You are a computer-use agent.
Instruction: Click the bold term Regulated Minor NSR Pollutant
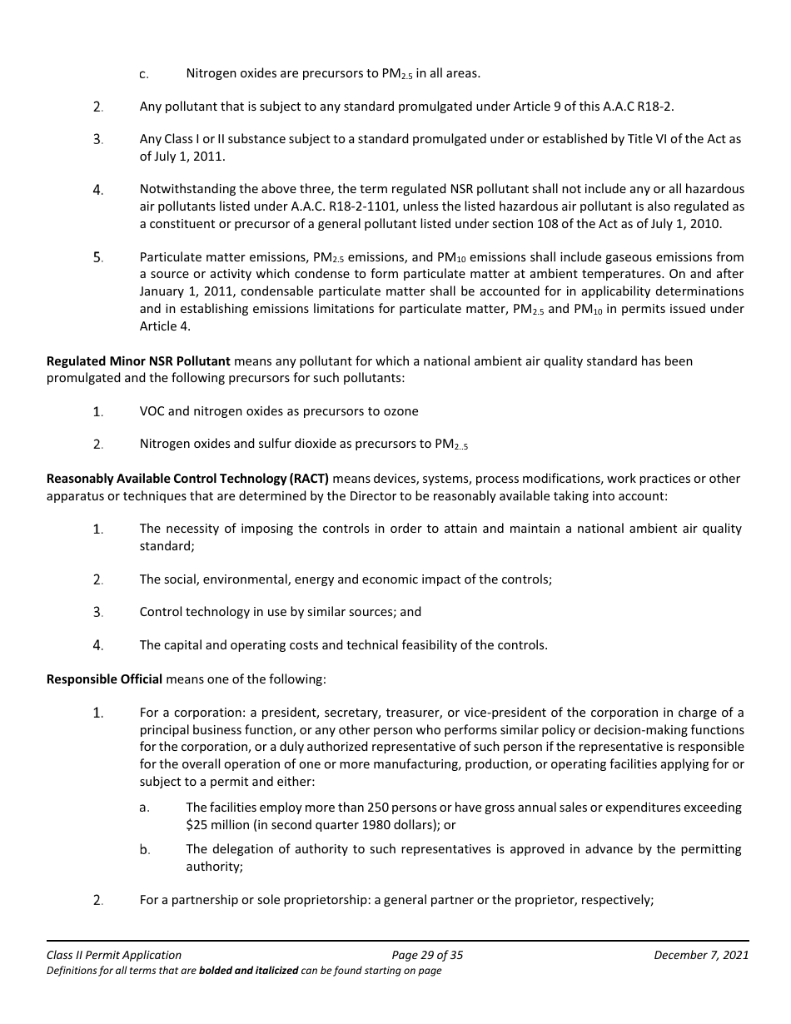tap(139, 361)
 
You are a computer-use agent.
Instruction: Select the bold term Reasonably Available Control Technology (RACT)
tap(188, 479)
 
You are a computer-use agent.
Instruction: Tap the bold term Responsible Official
tap(104, 679)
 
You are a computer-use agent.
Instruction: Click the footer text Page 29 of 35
tap(426, 955)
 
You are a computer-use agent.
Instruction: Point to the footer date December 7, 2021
tap(701, 955)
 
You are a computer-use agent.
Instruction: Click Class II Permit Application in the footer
tap(114, 955)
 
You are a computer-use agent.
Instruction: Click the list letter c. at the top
tap(144, 74)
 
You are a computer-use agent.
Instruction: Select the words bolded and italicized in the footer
tap(248, 971)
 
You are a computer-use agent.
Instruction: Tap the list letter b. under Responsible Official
tap(144, 850)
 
